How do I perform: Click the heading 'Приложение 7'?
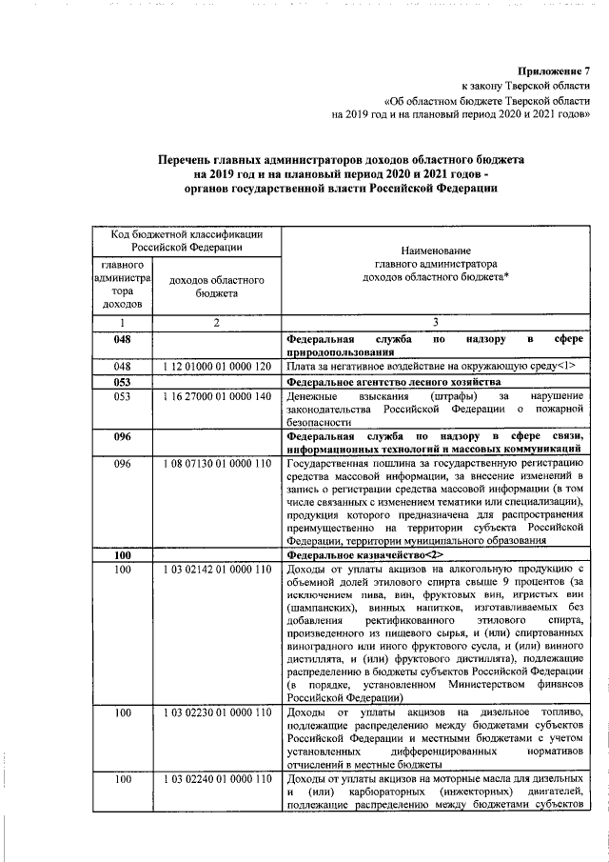point(554,70)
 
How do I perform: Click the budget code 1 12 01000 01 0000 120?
point(217,366)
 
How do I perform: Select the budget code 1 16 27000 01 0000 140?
point(217,395)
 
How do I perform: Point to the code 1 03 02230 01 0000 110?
point(217,712)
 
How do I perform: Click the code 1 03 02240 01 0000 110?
point(217,780)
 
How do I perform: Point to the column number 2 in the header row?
point(217,324)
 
